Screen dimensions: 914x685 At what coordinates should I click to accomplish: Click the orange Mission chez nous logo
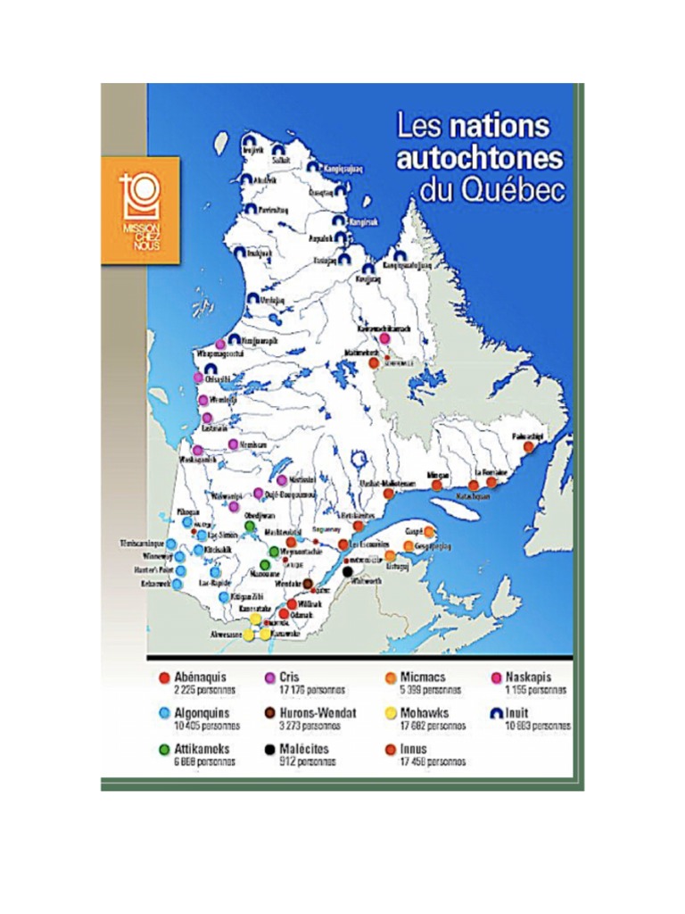point(140,210)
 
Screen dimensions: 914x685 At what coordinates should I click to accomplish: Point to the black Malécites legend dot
point(268,749)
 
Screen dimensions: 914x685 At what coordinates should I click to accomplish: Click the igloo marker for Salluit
point(278,149)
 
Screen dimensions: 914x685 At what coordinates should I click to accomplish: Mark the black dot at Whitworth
point(348,570)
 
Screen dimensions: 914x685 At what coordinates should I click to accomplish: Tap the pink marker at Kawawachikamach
point(385,339)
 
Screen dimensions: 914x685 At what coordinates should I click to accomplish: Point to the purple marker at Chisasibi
point(199,378)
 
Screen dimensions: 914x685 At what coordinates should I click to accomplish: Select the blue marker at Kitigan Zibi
point(224,596)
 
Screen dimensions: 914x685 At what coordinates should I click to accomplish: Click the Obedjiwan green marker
point(251,526)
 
